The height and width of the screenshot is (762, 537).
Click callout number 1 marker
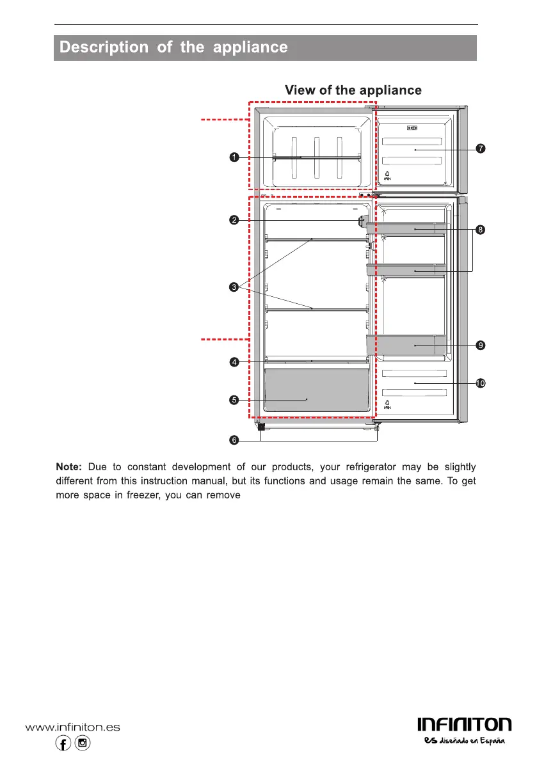click(235, 157)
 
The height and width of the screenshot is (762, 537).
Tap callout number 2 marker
click(235, 221)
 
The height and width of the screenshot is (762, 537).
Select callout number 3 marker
click(235, 287)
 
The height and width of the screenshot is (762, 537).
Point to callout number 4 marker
click(235, 362)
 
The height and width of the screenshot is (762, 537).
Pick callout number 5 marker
click(235, 401)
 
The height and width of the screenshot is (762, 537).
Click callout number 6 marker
click(235, 440)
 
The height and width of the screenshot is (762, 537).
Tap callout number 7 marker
click(480, 149)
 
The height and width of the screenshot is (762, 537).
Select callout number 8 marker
click(480, 229)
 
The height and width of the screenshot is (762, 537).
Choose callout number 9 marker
click(480, 345)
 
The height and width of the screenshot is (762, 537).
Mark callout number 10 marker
click(480, 383)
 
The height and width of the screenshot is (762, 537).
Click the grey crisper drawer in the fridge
click(317, 390)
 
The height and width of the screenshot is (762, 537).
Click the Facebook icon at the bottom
click(63, 743)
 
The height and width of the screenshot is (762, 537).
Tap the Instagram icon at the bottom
click(82, 743)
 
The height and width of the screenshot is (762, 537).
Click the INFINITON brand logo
click(464, 724)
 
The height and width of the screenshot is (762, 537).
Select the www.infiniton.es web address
click(72, 727)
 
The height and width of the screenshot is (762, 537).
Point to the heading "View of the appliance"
click(353, 90)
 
